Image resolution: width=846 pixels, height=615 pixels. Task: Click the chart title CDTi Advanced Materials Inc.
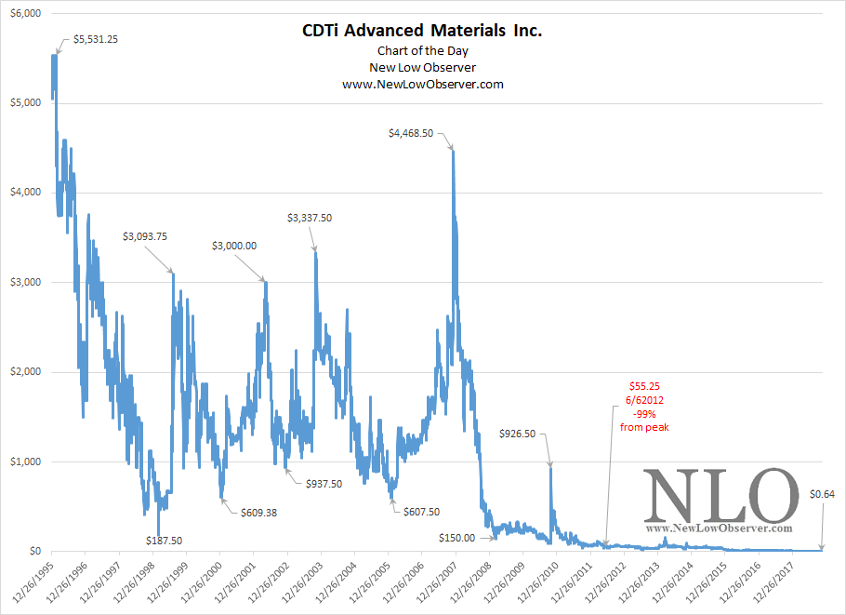pos(422,32)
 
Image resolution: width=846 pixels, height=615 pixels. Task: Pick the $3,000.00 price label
pos(234,246)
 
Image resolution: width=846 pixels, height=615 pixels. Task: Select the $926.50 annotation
pos(522,434)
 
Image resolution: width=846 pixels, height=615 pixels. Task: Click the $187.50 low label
pos(164,540)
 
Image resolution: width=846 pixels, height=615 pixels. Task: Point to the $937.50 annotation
pos(324,484)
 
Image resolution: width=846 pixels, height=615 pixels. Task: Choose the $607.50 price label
pos(420,512)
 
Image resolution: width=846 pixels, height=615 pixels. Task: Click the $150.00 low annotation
pos(456,537)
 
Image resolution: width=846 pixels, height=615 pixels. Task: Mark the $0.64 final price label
pos(822,494)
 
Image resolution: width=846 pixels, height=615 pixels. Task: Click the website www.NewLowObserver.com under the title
pos(422,84)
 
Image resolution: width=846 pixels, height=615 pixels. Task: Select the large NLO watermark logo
pos(721,496)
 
